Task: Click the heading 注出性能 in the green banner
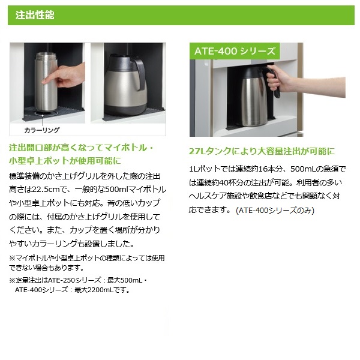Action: [x=35, y=15]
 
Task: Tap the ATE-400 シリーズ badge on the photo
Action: [x=235, y=51]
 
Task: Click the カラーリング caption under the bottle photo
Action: [x=42, y=130]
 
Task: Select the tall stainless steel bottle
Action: [x=46, y=82]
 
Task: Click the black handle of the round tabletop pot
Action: [x=139, y=73]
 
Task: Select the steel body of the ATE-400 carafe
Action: [x=254, y=102]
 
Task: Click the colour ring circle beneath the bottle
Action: [x=43, y=113]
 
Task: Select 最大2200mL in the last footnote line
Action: [x=94, y=290]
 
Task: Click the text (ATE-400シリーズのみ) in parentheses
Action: [x=275, y=211]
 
